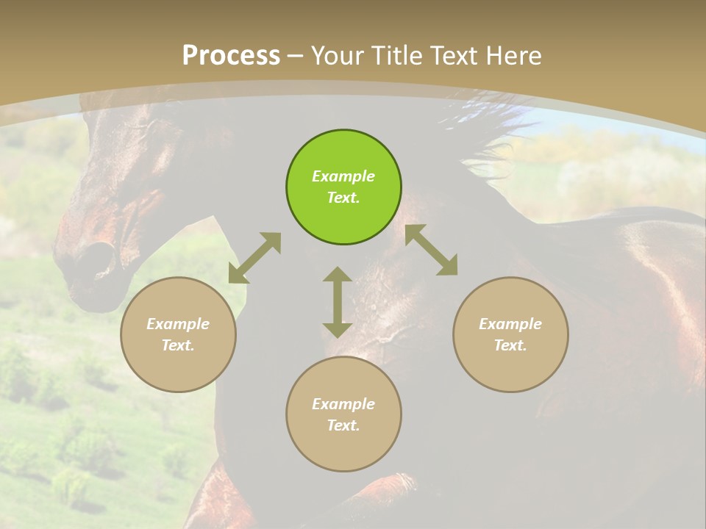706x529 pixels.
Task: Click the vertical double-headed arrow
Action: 338,302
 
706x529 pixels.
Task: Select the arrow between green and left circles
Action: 254,258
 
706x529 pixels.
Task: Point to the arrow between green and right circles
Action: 432,250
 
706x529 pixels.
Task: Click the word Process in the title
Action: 231,55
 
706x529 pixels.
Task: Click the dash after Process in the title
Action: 296,56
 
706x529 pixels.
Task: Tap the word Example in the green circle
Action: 343,176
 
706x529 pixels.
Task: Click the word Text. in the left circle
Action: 178,345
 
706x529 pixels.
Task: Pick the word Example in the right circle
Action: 510,324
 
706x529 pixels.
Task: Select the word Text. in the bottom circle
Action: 343,425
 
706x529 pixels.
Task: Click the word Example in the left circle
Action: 178,324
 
